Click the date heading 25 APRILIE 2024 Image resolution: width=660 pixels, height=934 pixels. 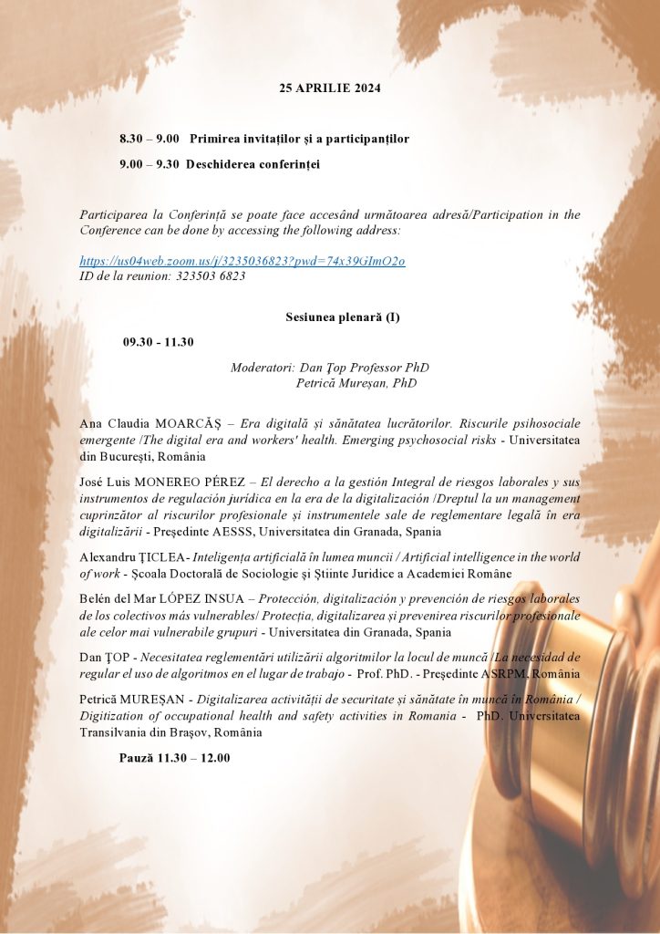pyautogui.click(x=329, y=88)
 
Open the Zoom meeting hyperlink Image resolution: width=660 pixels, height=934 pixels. pyautogui.click(x=242, y=261)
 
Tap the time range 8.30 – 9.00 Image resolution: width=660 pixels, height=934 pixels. pyautogui.click(x=149, y=139)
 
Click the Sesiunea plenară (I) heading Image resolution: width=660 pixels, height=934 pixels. pyautogui.click(x=329, y=317)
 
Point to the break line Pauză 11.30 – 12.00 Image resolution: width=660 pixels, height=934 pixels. pyautogui.click(x=174, y=757)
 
